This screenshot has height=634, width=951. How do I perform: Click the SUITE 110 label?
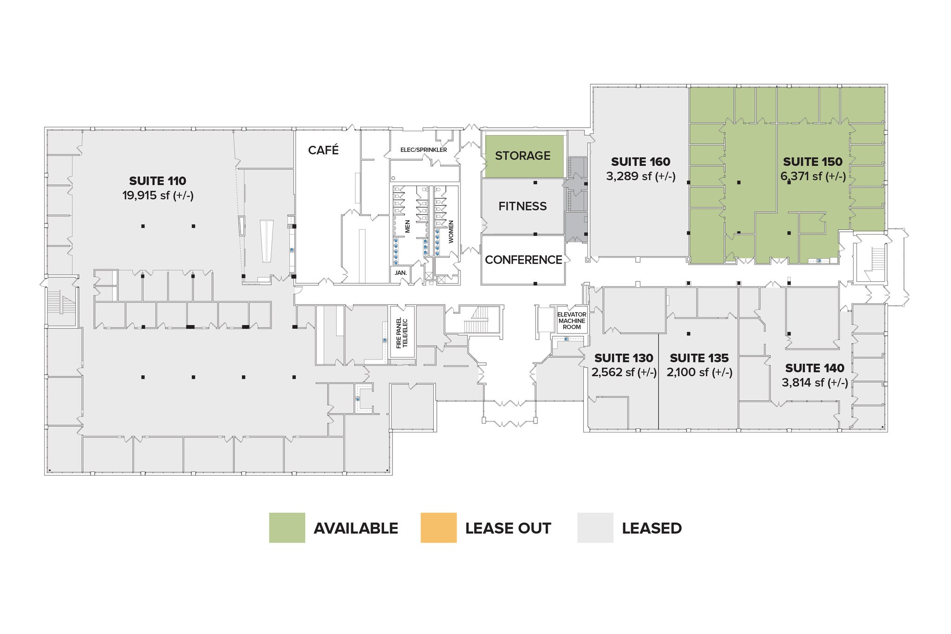click(157, 181)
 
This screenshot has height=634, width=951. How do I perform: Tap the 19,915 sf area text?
click(158, 196)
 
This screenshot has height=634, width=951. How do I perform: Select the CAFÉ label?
click(323, 150)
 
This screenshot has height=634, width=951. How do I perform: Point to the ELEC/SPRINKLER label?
click(423, 150)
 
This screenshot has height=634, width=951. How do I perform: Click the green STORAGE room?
click(524, 156)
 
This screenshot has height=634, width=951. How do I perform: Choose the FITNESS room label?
click(522, 206)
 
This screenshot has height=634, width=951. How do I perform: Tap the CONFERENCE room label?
click(523, 260)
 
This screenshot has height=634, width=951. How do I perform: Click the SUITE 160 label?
click(640, 162)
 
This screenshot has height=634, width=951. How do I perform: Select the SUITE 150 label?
click(813, 162)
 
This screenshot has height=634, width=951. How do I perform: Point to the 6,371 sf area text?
click(813, 176)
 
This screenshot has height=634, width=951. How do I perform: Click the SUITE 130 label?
click(624, 358)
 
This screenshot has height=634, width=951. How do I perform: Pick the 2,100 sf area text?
click(699, 373)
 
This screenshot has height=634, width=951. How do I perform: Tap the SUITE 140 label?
click(814, 368)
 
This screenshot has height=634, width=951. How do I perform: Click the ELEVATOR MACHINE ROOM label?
click(572, 321)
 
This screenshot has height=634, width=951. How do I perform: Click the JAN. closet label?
click(400, 273)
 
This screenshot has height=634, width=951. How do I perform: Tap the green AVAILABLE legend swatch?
click(287, 528)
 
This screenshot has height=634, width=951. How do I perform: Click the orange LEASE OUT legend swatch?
click(438, 528)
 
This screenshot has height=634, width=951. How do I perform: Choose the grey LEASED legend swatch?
click(595, 528)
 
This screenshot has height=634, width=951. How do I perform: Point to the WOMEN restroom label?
click(450, 232)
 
